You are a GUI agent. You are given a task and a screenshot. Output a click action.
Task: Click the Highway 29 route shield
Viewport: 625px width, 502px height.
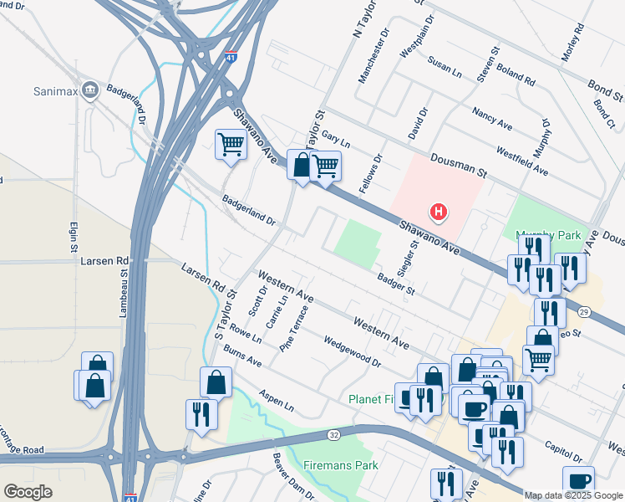pos(582,311)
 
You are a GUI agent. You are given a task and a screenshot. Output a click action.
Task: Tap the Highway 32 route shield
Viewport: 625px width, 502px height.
pos(333,434)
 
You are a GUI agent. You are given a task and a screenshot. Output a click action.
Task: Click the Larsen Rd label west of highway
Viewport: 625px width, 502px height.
pos(104,260)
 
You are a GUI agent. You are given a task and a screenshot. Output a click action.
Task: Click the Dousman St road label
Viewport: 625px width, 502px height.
pos(458,165)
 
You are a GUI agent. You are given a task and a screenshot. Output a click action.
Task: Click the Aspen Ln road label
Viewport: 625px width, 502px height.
pos(277,402)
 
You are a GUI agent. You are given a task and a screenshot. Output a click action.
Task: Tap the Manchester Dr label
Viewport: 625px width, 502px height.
pos(373,57)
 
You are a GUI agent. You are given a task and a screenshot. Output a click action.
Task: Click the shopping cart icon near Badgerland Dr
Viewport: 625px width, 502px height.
pos(230,144)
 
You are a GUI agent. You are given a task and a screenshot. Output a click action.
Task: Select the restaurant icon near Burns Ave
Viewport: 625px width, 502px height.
pos(201,414)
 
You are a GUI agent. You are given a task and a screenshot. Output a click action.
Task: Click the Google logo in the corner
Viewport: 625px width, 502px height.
pos(28,491)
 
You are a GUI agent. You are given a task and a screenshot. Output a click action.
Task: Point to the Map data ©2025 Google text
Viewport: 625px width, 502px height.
pos(573,495)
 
